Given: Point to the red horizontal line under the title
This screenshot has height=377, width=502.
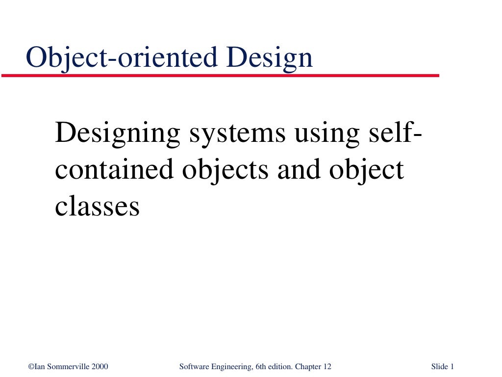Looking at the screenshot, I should (x=221, y=76).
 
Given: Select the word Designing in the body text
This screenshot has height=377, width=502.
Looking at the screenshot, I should (x=118, y=134).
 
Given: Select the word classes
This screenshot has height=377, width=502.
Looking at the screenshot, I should (x=97, y=206).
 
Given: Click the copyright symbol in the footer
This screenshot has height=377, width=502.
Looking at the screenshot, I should (x=30, y=367).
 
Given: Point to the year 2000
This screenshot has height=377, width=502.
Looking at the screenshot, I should (x=100, y=367).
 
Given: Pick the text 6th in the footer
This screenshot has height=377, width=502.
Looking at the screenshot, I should (x=261, y=367).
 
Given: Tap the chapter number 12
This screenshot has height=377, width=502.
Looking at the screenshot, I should (x=327, y=367).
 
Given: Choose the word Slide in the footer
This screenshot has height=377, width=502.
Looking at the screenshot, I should (x=440, y=367).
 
